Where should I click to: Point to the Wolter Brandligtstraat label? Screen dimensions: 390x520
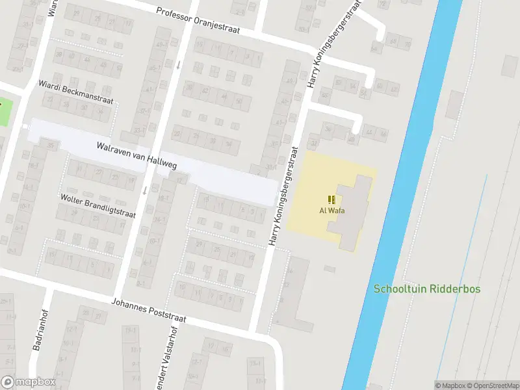(97, 205)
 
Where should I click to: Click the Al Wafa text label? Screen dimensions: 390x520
(331, 210)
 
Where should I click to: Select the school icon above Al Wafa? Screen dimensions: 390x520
(331, 200)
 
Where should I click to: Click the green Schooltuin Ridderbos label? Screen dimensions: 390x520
(427, 288)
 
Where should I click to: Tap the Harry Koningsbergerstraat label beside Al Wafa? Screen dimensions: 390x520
(283, 196)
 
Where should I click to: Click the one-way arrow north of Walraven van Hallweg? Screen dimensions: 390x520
(178, 65)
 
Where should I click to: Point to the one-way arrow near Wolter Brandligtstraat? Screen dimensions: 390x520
(144, 190)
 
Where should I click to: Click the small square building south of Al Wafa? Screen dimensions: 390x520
(330, 268)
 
